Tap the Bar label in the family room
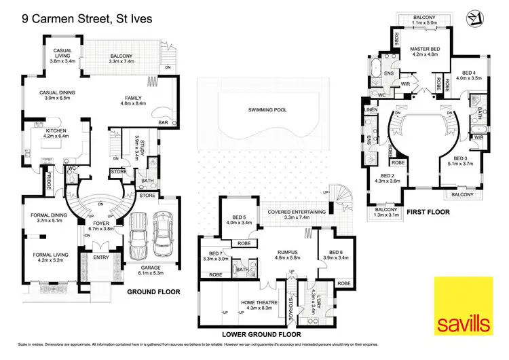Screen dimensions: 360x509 pos(163,123)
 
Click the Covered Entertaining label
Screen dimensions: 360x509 pos(296,212)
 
